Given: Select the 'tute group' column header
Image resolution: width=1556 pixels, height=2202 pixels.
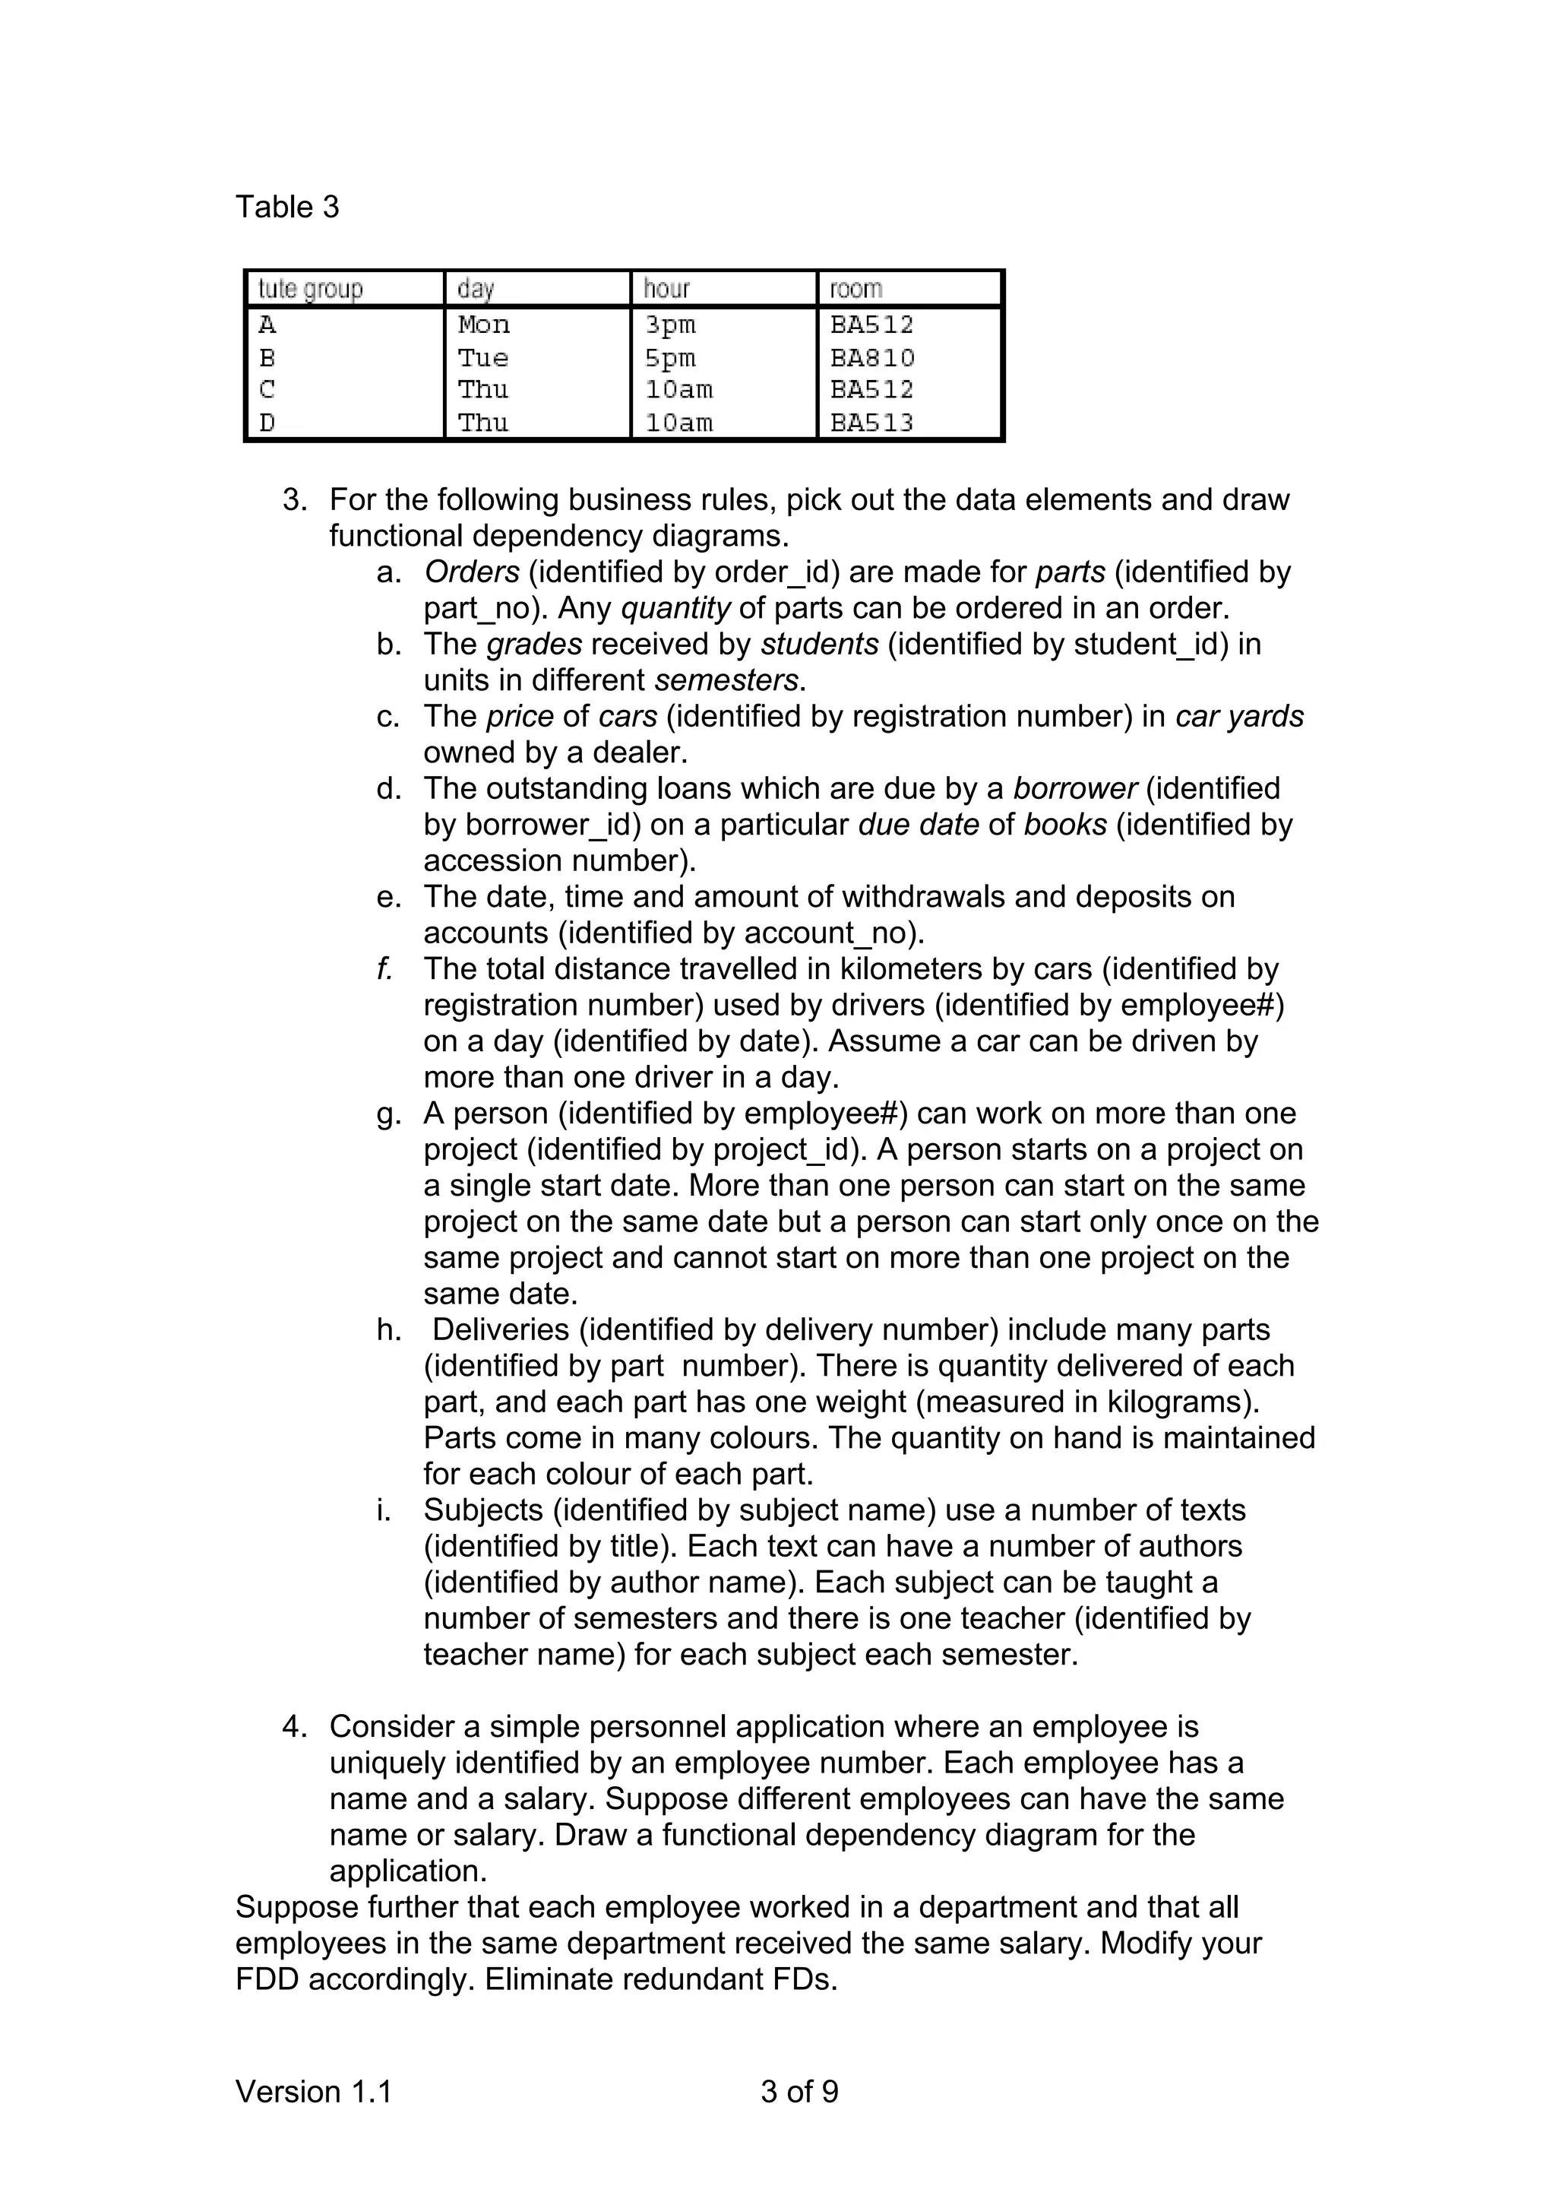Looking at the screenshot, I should point(310,289).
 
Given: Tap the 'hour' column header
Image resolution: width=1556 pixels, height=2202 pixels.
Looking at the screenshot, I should point(666,289).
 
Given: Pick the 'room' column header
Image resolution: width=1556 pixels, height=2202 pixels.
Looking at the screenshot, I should point(855,289).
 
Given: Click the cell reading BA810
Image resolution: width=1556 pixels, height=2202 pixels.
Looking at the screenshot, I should point(871,358).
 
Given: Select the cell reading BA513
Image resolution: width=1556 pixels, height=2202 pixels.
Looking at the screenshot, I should point(871,422).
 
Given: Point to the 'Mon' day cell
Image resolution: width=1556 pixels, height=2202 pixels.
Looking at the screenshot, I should point(483,325).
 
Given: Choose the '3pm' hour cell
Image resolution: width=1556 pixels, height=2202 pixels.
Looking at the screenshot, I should point(670,325).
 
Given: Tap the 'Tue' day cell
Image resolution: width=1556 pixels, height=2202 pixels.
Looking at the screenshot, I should point(482,358).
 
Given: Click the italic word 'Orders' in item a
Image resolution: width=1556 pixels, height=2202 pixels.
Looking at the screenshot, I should point(472,572).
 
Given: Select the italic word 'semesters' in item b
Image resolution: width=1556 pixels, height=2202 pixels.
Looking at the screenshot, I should point(728,680).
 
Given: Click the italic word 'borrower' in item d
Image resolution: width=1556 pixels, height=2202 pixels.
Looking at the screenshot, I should point(1074,788).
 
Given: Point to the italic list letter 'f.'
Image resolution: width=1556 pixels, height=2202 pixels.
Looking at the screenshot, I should point(384,968).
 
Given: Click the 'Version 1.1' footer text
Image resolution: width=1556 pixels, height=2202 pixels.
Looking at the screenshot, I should point(314,2091).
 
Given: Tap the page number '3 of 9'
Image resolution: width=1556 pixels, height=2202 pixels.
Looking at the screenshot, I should point(799,2091).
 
